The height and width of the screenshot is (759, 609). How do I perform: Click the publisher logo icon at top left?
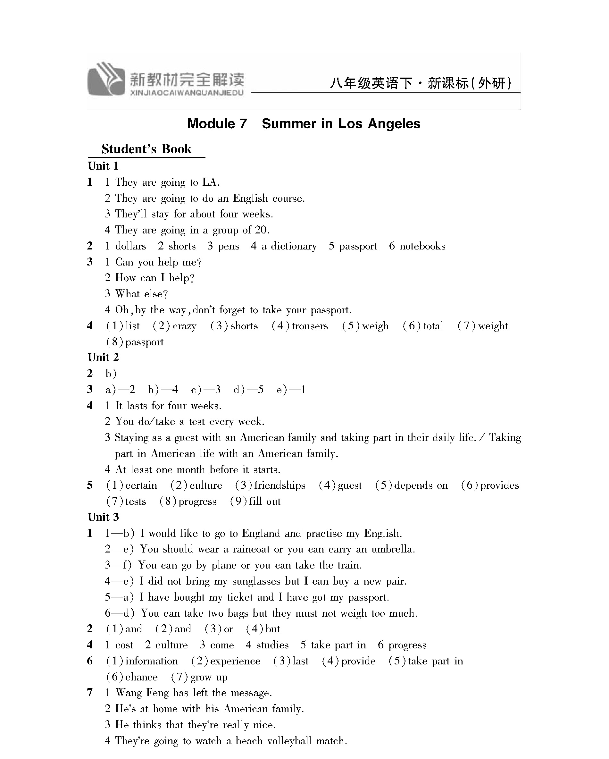(105, 79)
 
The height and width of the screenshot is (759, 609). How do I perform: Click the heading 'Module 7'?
(217, 124)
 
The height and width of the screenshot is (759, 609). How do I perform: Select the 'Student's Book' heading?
(146, 149)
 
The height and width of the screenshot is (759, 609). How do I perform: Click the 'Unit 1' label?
(103, 166)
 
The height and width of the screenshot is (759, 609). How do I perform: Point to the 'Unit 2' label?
(103, 357)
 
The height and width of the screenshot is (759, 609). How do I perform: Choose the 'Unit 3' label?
(103, 517)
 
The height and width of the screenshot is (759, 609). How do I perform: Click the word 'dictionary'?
(294, 246)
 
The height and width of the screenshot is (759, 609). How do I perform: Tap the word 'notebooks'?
(422, 246)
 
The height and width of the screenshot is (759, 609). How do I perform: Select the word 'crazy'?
(184, 326)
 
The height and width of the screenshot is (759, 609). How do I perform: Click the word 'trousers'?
(310, 326)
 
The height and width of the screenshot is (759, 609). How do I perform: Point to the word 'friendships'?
(280, 485)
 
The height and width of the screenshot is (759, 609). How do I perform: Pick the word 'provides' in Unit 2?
(499, 485)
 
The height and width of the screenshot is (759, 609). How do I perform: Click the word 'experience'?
(235, 661)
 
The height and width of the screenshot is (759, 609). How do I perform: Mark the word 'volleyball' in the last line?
(289, 741)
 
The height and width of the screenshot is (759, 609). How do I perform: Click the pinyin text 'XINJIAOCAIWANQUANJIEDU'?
(187, 93)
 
